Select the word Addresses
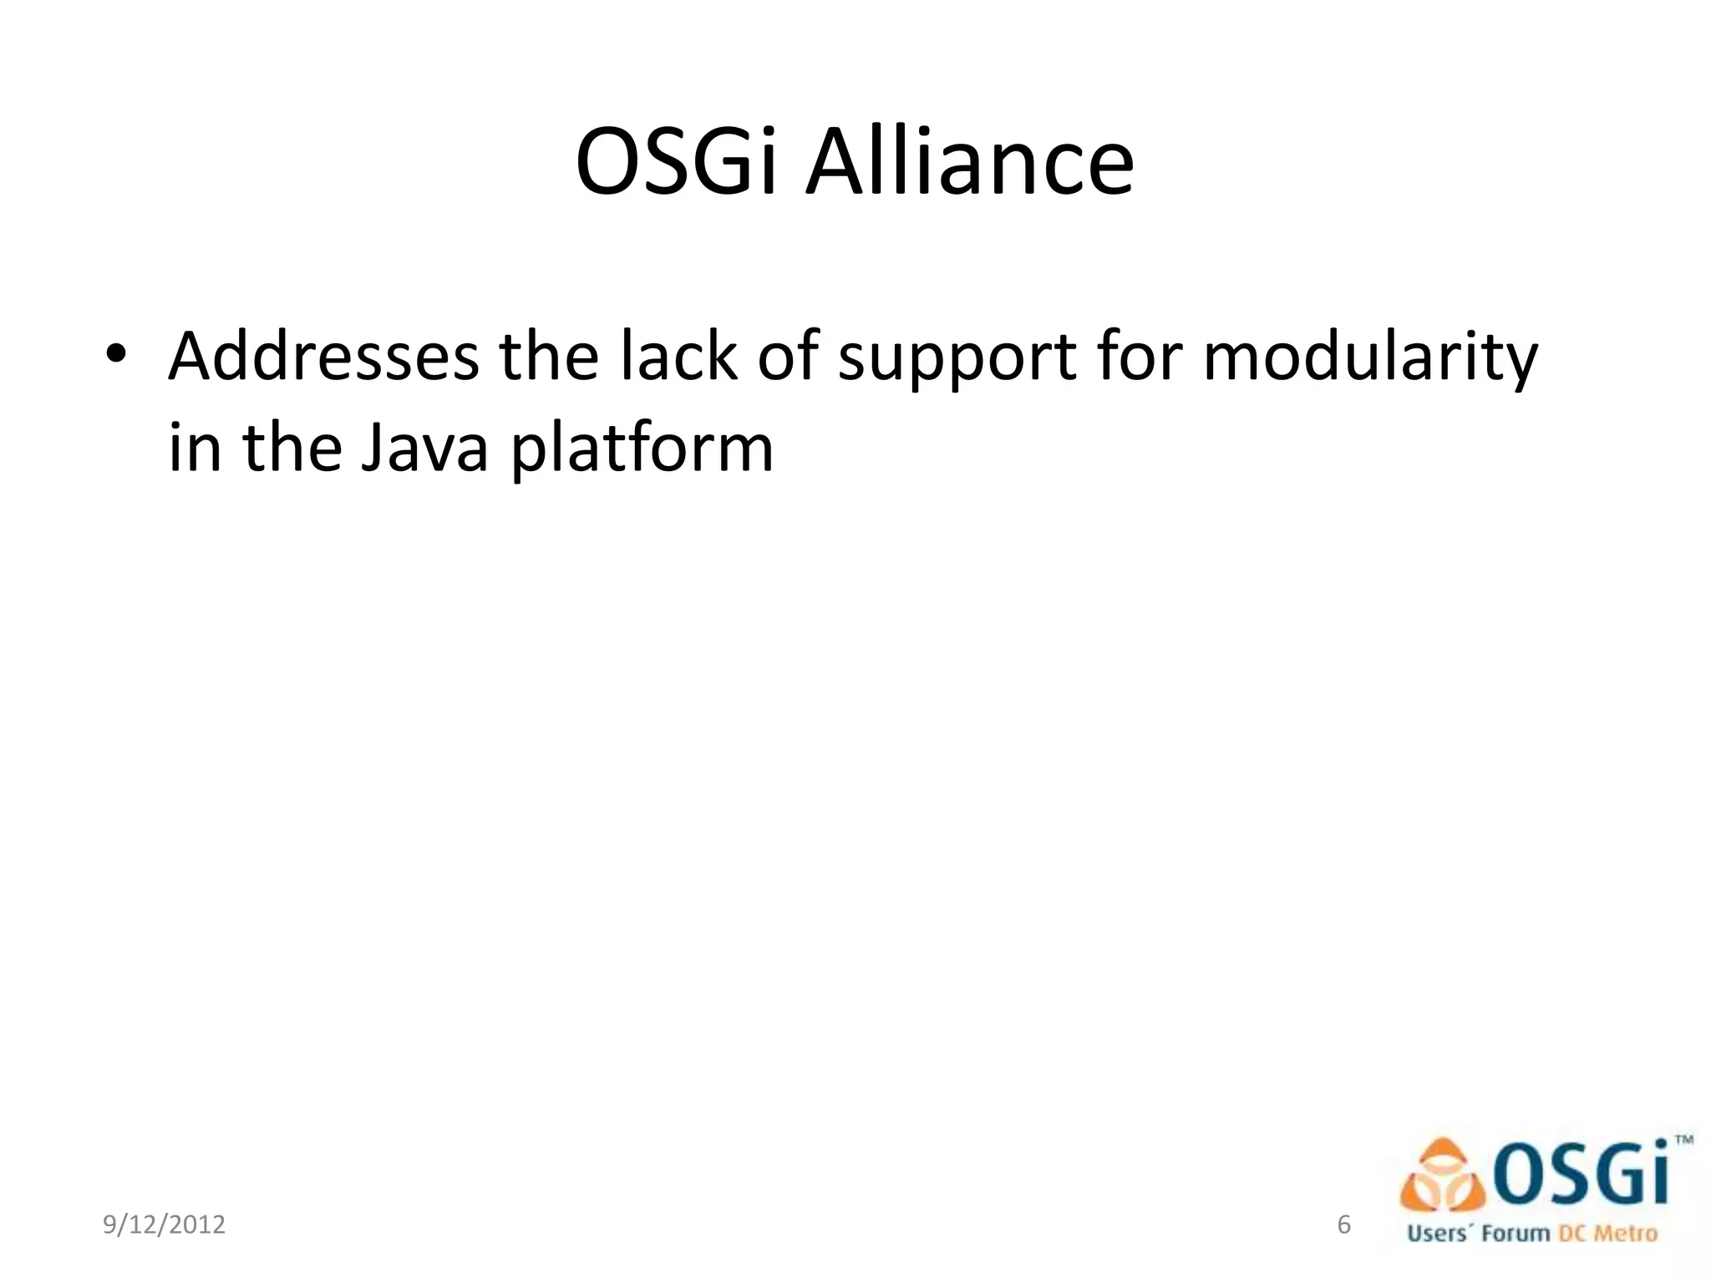(x=324, y=357)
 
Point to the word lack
(x=678, y=357)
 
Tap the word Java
(x=424, y=449)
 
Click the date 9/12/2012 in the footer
(x=164, y=1225)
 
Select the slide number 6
(x=1343, y=1224)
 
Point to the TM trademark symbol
(x=1684, y=1139)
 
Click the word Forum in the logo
(x=1516, y=1234)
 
